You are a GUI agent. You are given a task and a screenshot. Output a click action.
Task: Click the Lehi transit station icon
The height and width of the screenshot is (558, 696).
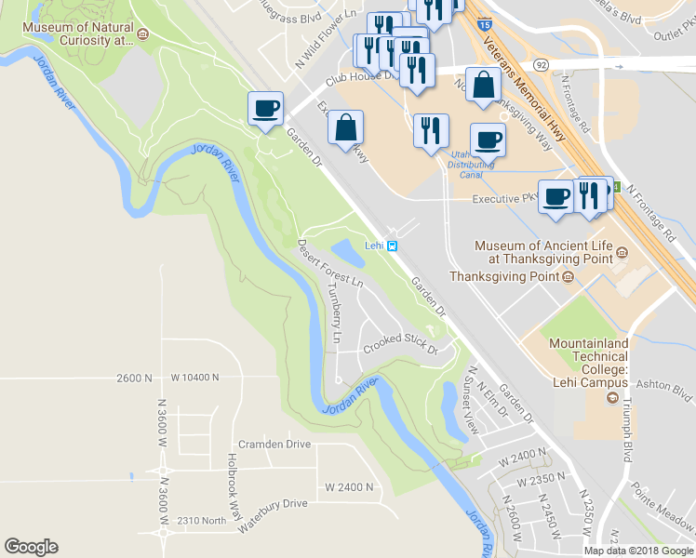(394, 246)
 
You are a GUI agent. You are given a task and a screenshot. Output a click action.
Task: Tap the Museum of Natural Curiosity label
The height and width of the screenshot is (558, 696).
(78, 34)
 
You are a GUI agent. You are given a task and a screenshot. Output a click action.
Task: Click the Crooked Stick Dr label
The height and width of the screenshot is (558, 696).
(400, 344)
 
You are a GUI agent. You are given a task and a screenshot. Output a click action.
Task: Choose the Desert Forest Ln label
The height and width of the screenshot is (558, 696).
(328, 264)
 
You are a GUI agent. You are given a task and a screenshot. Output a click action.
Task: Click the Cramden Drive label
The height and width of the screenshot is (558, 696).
(274, 444)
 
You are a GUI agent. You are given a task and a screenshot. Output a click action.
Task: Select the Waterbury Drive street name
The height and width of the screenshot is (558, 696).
(272, 503)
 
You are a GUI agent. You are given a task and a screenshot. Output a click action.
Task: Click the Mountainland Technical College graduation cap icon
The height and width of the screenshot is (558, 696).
(612, 398)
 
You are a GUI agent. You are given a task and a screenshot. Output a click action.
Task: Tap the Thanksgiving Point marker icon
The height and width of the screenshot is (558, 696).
(567, 276)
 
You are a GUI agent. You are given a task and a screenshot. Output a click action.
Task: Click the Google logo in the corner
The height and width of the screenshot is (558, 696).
(31, 547)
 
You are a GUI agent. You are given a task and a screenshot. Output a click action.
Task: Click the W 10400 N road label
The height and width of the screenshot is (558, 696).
(194, 378)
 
